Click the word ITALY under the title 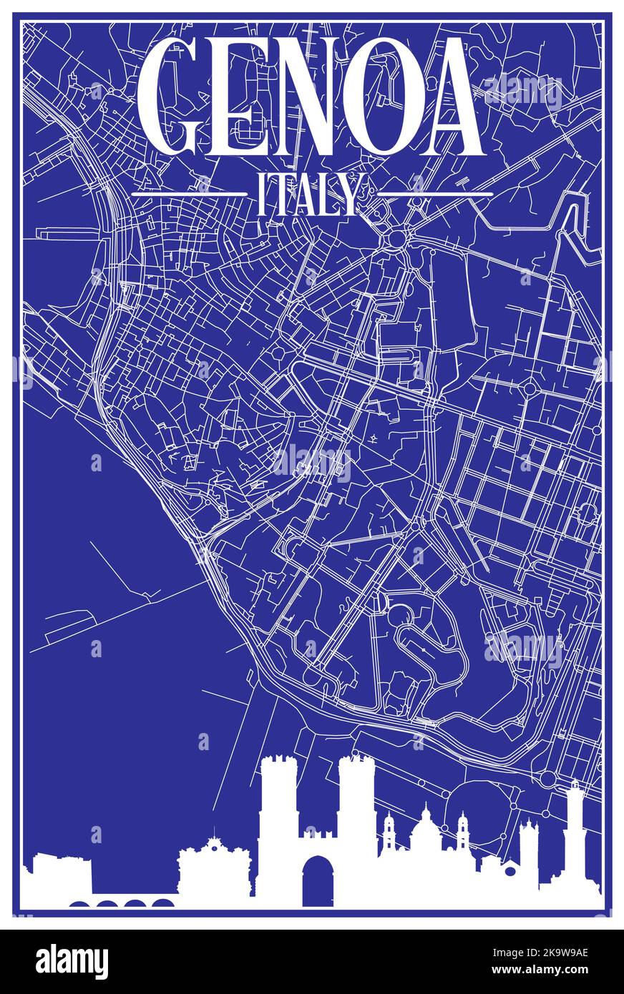308,195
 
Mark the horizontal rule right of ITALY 434,193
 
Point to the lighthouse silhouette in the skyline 575,830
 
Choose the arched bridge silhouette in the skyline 122,903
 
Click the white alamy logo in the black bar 72,961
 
